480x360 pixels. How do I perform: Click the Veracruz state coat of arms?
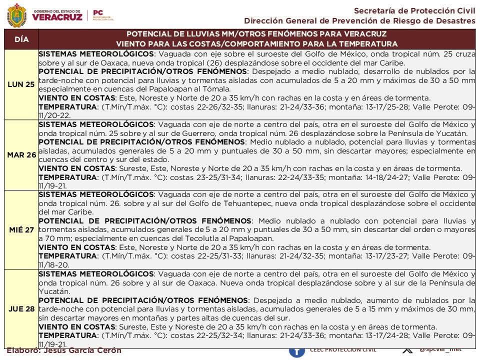click(x=16, y=15)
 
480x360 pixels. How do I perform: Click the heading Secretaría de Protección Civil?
click(x=414, y=10)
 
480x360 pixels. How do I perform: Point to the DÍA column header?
click(x=21, y=39)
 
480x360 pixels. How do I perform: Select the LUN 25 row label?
click(x=21, y=84)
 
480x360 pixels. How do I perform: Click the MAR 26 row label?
click(x=21, y=155)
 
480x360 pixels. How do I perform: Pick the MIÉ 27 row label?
click(x=21, y=229)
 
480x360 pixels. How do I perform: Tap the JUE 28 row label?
click(x=21, y=308)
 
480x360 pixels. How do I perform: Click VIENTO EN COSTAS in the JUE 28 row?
click(x=77, y=327)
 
